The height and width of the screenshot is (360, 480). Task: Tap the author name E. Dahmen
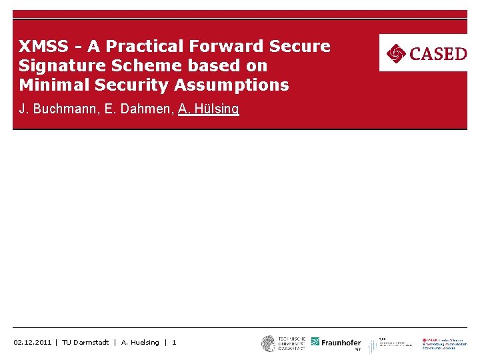pos(136,109)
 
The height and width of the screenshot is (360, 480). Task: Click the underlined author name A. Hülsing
pos(208,109)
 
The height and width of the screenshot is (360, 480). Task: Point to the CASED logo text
pos(437,53)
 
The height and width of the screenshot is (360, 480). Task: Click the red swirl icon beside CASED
pos(396,53)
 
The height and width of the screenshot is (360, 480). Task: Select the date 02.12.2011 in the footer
pos(32,343)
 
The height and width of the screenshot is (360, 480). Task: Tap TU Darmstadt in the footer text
pos(85,343)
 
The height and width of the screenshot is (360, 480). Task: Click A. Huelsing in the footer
pos(140,343)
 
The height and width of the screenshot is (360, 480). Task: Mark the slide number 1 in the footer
pos(174,343)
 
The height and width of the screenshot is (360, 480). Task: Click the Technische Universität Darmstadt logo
pos(283,343)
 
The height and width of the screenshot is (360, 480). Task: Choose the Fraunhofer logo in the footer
pos(336,343)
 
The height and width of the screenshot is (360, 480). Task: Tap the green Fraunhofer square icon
pos(315,342)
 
